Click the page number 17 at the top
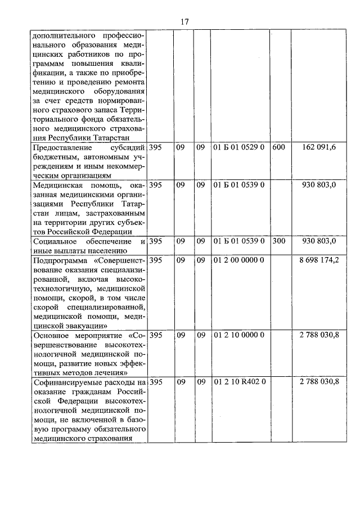[184, 21]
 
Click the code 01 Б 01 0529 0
[239, 148]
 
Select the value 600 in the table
[278, 148]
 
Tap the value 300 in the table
[278, 241]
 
